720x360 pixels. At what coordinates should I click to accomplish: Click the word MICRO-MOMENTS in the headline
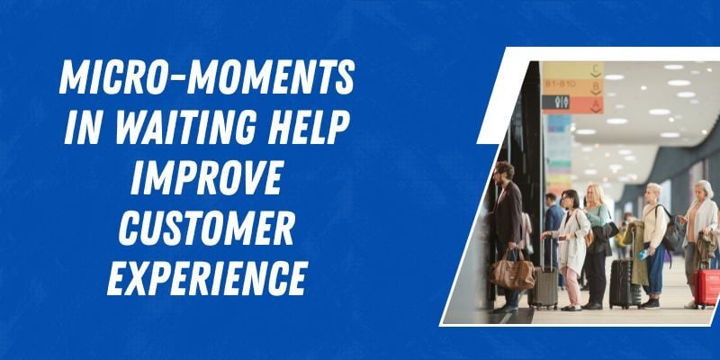206,82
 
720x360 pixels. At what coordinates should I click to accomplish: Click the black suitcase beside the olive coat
621,283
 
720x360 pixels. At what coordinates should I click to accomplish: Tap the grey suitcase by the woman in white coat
544,286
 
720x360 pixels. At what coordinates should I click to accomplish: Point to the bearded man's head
505,171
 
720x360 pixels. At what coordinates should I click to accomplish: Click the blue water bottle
642,255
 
